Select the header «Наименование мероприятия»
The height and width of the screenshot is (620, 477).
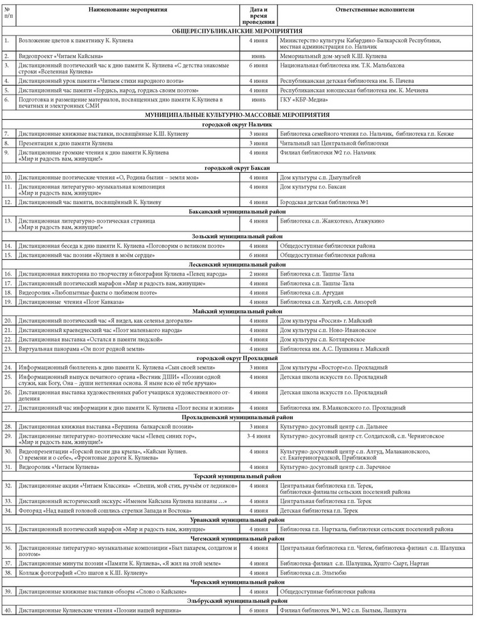pyautogui.click(x=128, y=12)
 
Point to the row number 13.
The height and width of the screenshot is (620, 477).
pyautogui.click(x=8, y=221)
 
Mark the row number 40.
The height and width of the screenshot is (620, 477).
pyautogui.click(x=8, y=610)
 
